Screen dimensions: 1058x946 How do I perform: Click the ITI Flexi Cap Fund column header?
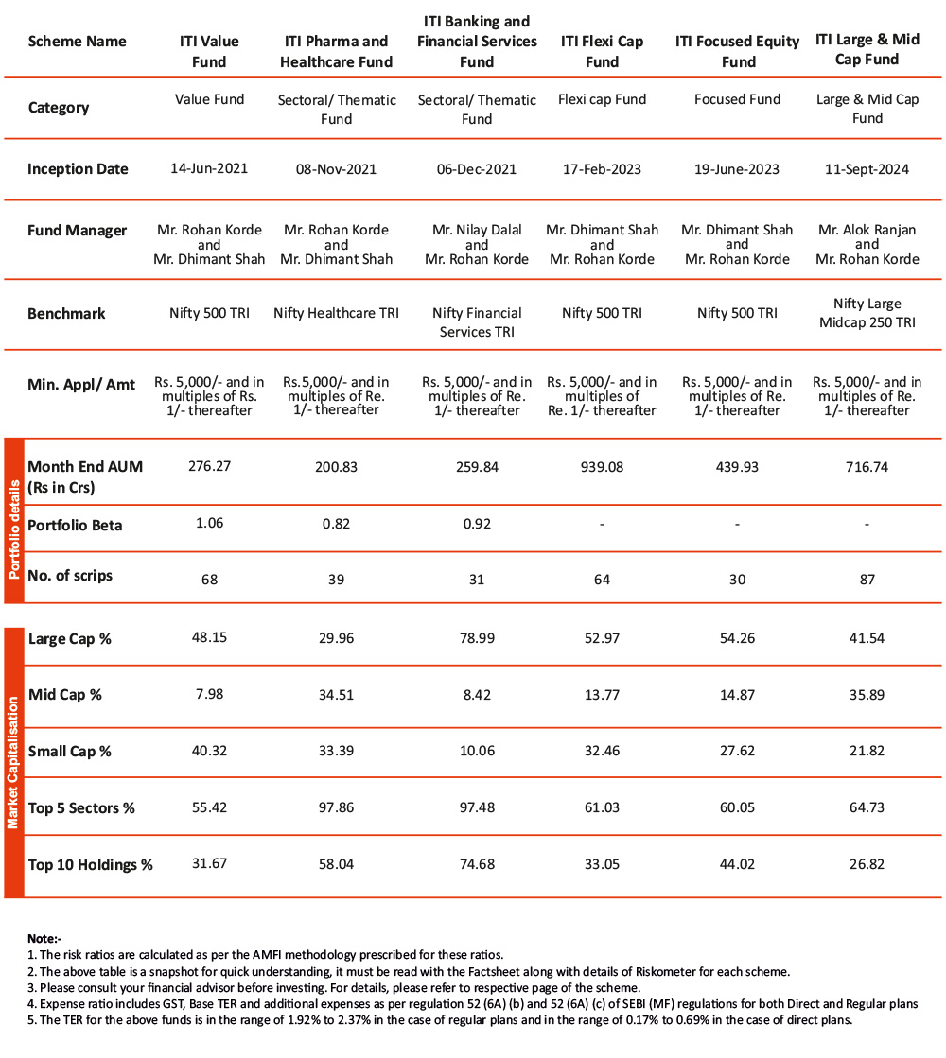603,51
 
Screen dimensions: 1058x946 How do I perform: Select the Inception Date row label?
78,169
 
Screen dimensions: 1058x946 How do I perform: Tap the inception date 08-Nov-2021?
336,169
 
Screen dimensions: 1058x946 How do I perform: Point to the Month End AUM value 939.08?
603,466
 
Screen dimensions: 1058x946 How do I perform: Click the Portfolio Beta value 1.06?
209,523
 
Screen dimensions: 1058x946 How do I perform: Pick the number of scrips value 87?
867,579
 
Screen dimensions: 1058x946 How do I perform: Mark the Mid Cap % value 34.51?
336,695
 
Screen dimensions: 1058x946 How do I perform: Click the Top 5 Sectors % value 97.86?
336,807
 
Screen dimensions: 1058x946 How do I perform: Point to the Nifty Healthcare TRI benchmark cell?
336,313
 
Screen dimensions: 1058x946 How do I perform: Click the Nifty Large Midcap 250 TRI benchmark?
867,313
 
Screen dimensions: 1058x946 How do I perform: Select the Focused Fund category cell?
737,99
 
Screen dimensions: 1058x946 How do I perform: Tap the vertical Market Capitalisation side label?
13,762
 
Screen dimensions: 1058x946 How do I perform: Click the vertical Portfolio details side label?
13,521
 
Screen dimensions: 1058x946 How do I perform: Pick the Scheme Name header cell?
77,42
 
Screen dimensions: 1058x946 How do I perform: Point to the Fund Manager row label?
77,231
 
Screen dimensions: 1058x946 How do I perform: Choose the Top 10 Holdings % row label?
91,864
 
